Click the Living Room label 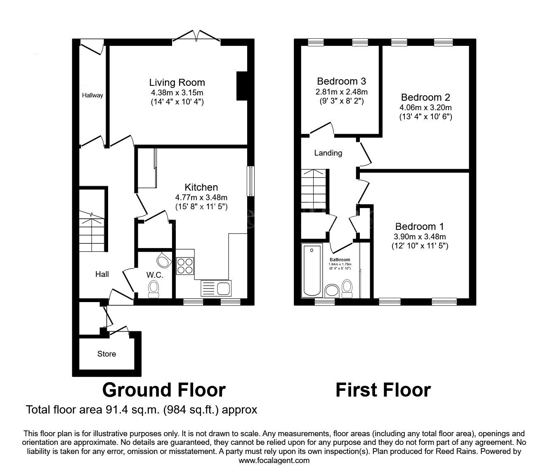point(177,83)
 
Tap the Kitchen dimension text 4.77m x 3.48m point(201,197)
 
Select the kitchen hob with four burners point(185,266)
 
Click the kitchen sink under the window point(216,288)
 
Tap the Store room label point(106,354)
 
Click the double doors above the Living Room point(196,36)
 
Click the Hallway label point(92,95)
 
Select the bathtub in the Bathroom point(311,270)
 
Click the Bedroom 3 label point(341,81)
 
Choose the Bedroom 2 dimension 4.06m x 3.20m point(425,108)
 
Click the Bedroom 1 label point(419,227)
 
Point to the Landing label point(328,153)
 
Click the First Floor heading point(383,390)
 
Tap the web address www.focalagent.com point(274,461)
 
